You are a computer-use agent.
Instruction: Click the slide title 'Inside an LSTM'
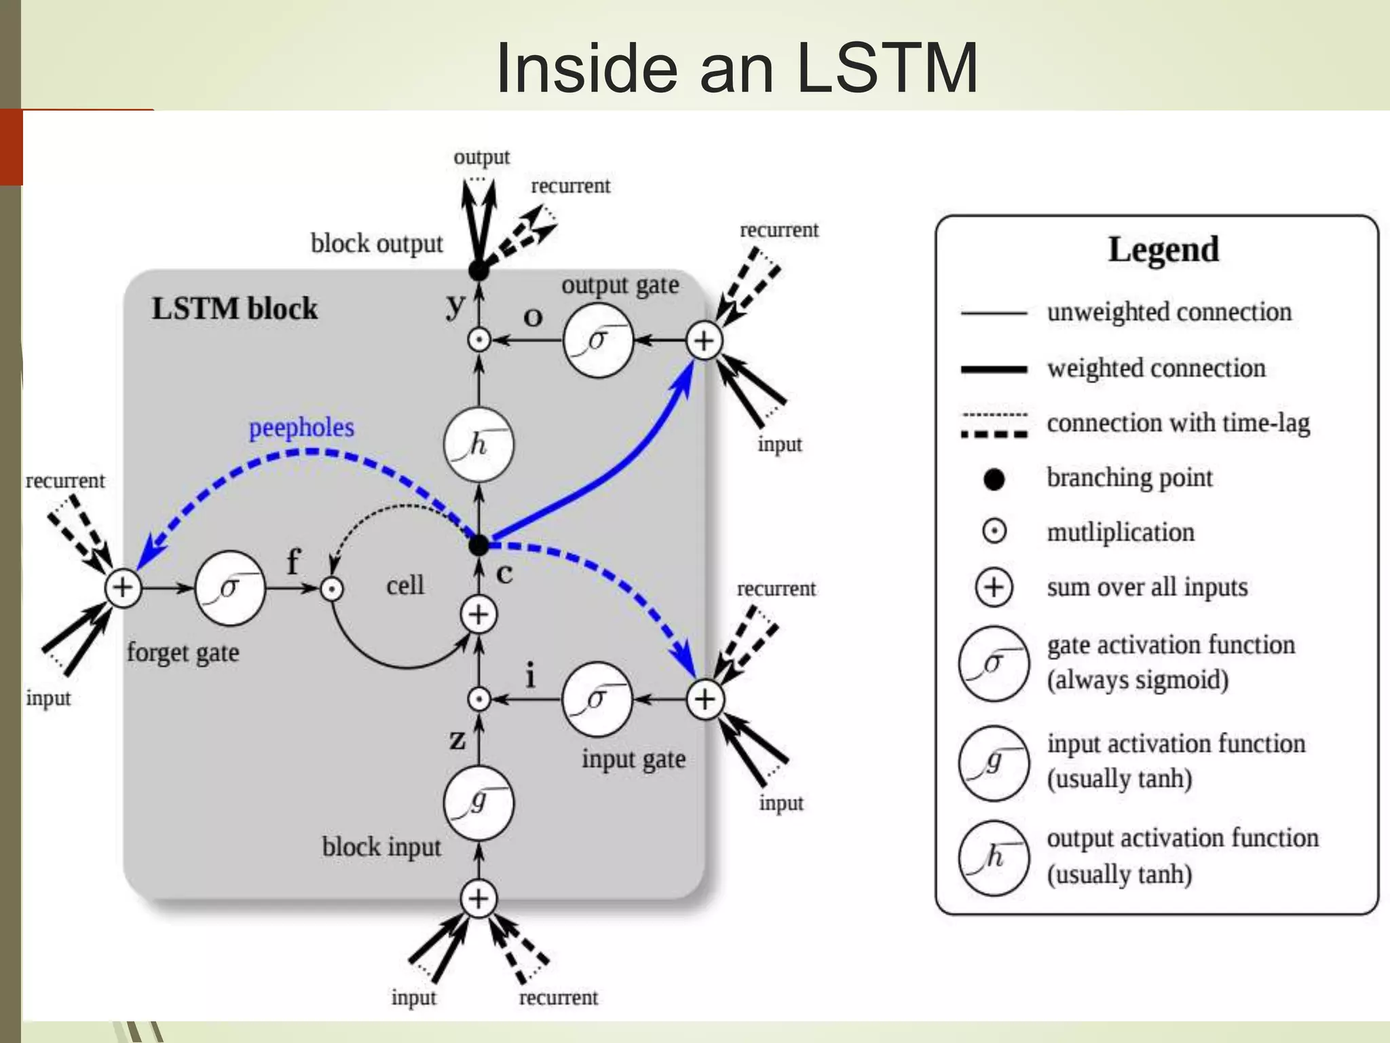736,68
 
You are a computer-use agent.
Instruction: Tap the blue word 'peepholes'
301,428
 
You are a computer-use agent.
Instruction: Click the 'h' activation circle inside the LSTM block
478,445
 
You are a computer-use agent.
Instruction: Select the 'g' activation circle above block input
478,803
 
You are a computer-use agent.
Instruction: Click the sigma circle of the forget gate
229,587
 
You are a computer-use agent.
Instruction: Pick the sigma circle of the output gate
597,340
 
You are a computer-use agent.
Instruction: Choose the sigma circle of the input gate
597,699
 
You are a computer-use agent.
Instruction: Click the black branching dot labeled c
478,545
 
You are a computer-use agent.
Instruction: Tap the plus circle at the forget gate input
123,587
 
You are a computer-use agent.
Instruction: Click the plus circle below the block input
478,898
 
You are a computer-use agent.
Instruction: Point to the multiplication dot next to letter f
332,589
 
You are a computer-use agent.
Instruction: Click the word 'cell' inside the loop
405,585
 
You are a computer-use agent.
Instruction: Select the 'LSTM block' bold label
234,308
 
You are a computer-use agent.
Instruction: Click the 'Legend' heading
1163,249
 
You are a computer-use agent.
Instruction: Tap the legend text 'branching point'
1129,478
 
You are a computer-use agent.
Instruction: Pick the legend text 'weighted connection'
1156,368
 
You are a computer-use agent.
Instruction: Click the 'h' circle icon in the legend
994,858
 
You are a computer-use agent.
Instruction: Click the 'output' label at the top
481,158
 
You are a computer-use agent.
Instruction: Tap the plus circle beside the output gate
704,340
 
